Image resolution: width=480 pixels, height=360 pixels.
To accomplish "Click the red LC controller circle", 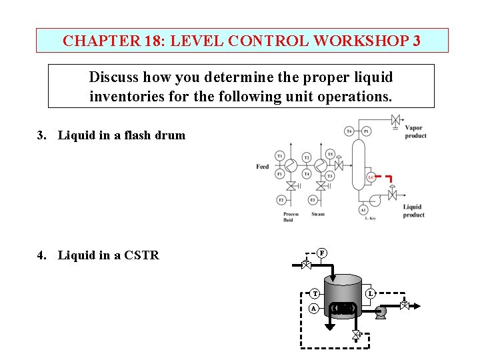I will (371, 178).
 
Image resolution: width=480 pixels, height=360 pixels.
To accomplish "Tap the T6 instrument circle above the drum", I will (349, 132).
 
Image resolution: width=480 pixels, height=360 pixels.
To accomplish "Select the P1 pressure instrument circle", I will (366, 132).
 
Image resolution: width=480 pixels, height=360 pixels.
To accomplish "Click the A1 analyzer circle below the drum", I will (363, 209).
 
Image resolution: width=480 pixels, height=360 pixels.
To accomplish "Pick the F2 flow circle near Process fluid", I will (281, 200).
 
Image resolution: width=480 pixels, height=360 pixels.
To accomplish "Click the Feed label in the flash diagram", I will (263, 167).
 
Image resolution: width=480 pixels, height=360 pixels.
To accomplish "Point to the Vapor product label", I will (415, 132).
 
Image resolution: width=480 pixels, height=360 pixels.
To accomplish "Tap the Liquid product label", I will (413, 211).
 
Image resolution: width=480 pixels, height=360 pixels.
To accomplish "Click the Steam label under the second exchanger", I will (318, 214).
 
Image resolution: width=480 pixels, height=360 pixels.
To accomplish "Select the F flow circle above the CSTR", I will (321, 253).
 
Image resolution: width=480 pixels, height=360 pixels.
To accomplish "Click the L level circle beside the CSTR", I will (371, 293).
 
